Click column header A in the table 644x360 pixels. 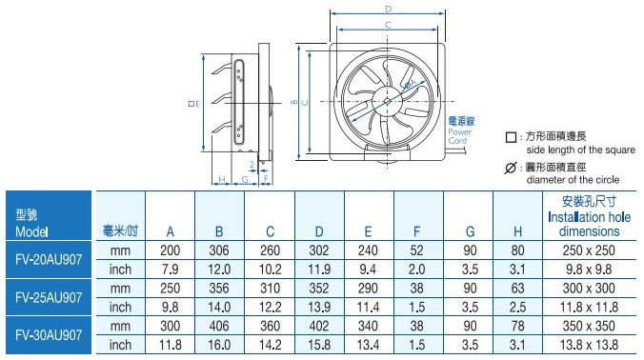pyautogui.click(x=170, y=231)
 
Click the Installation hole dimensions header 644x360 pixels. pyautogui.click(x=589, y=217)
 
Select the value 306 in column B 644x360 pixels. pyautogui.click(x=219, y=250)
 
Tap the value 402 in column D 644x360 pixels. pyautogui.click(x=319, y=327)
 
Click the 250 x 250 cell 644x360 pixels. pyautogui.click(x=589, y=250)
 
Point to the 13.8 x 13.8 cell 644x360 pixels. pyautogui.click(x=589, y=345)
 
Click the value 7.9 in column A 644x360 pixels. pyautogui.click(x=170, y=269)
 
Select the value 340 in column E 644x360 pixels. pyautogui.click(x=369, y=327)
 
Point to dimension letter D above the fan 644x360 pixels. pyautogui.click(x=388, y=9)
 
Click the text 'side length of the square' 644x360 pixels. pyautogui.click(x=579, y=150)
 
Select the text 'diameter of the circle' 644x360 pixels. pyautogui.click(x=573, y=179)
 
